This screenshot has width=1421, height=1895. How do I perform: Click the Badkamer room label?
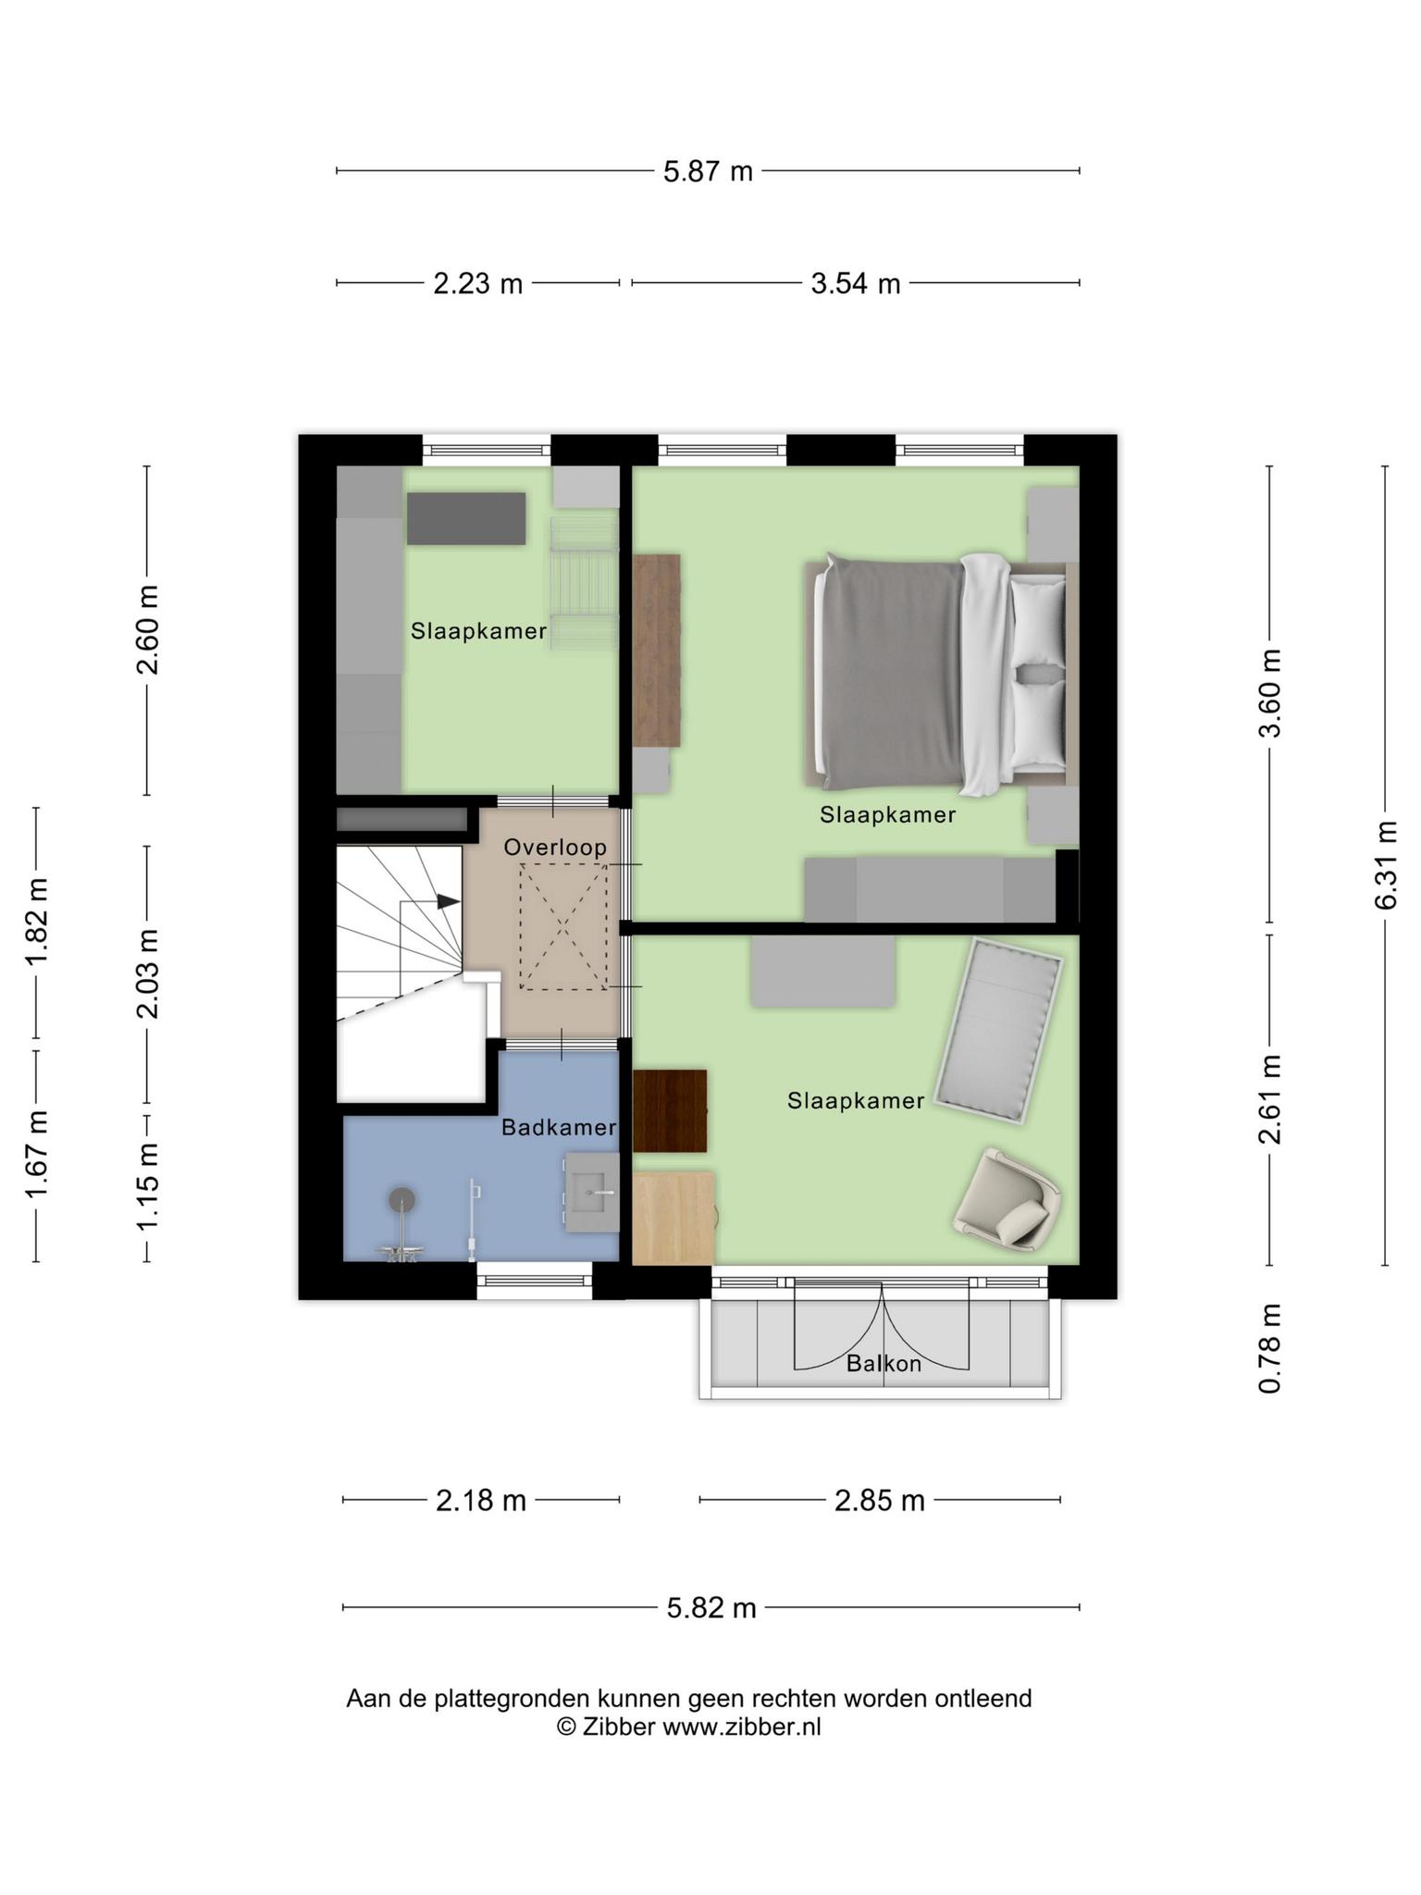pos(559,1127)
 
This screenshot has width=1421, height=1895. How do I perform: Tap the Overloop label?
pos(555,847)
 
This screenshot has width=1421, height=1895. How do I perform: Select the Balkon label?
pos(883,1363)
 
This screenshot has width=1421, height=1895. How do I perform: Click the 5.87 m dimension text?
pos(708,171)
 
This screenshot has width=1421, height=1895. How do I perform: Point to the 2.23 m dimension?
pos(478,283)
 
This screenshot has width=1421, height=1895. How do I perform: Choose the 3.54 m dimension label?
pos(856,283)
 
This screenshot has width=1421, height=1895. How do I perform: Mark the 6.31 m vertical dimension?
pos(1385,865)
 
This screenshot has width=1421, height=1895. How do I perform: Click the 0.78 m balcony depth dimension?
pos(1270,1348)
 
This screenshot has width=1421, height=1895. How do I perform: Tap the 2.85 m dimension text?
pos(880,1500)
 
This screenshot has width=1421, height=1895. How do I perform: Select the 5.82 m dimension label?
pos(711,1607)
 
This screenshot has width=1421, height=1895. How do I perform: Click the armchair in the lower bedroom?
pos(1007,1198)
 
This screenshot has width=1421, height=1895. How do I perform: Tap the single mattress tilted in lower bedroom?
pos(999,1031)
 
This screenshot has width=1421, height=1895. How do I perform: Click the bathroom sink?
pos(592,1192)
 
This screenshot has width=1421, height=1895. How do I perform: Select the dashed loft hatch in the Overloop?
pos(562,926)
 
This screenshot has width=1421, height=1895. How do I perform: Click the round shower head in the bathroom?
pos(402,1200)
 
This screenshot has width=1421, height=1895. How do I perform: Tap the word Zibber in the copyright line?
pos(618,1727)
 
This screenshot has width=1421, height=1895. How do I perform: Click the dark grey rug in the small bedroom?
pos(466,518)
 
